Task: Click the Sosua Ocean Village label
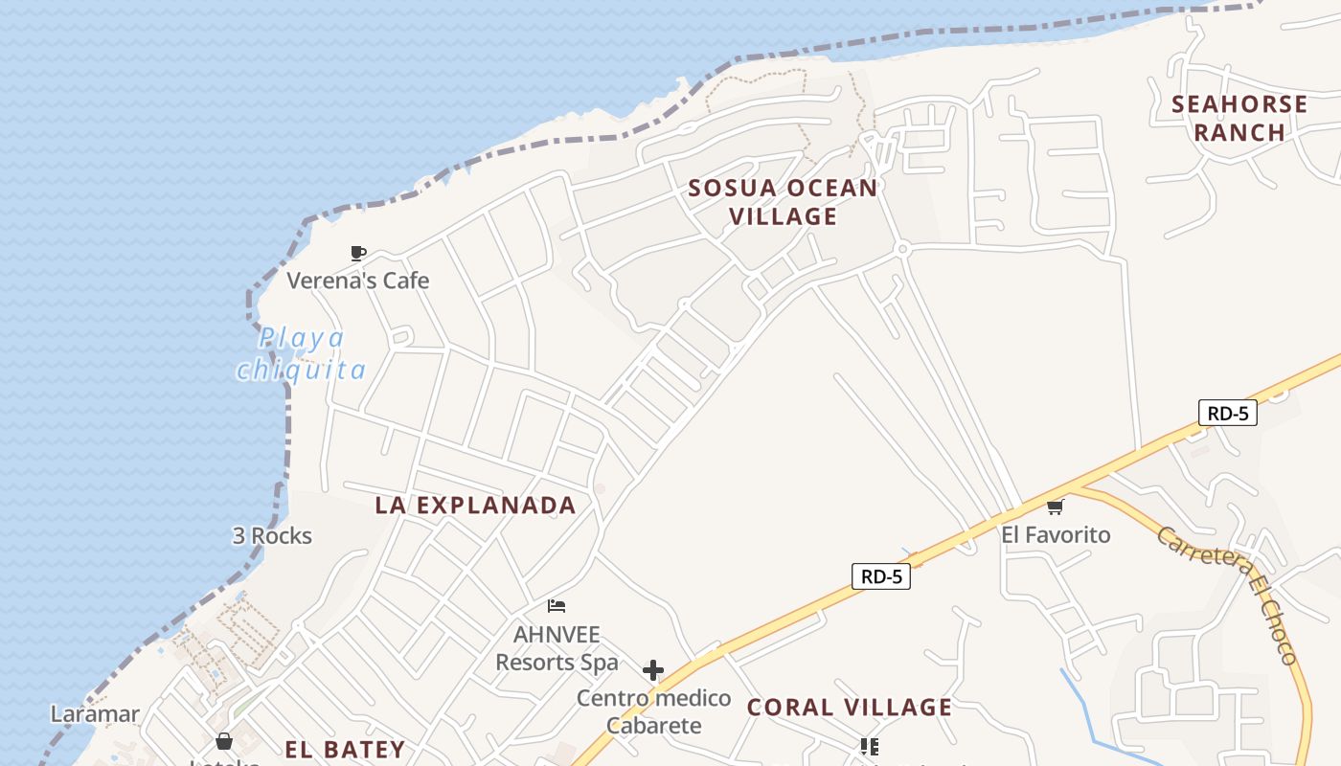(x=783, y=202)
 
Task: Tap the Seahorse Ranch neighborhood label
(x=1239, y=118)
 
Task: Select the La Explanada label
(x=475, y=506)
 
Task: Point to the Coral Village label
(x=850, y=708)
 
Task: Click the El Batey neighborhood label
(x=345, y=749)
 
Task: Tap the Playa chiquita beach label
(x=302, y=354)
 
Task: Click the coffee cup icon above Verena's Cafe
(x=358, y=254)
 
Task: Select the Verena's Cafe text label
(x=358, y=281)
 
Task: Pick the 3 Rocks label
(x=272, y=535)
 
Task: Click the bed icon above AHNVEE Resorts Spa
(x=557, y=606)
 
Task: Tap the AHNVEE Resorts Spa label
(x=557, y=648)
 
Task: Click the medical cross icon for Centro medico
(x=653, y=670)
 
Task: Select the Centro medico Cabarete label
(x=653, y=711)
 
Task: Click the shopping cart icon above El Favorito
(x=1055, y=507)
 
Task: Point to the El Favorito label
(x=1056, y=534)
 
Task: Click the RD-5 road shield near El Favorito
(x=1227, y=413)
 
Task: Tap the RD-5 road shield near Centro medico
(x=880, y=576)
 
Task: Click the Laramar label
(x=95, y=714)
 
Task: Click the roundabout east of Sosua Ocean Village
(x=901, y=249)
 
